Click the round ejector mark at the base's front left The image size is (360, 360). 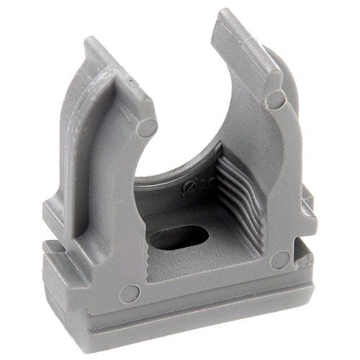pos(130,292)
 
